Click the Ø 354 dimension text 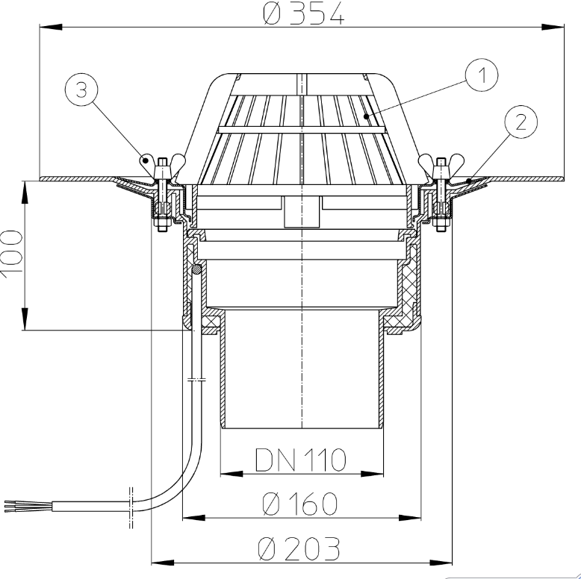pos(303,14)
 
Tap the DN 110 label pos(300,460)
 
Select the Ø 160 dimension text pos(300,504)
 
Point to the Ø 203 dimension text pos(299,548)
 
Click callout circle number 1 pos(482,75)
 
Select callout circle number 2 pos(521,122)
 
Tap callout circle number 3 pos(81,90)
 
